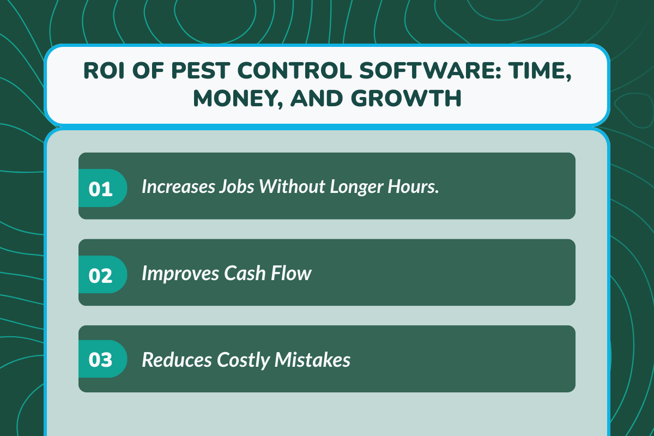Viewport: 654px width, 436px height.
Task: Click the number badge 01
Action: pos(100,189)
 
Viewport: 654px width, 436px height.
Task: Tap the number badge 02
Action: pos(100,275)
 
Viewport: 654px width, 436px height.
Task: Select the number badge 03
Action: pos(100,360)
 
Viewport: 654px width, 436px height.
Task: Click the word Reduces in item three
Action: pos(177,359)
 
